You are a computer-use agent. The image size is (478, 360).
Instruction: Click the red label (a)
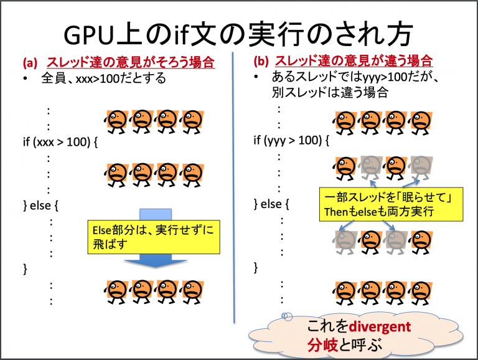30,63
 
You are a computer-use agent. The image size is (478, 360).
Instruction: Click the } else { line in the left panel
43,204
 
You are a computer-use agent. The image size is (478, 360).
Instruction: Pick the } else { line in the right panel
274,204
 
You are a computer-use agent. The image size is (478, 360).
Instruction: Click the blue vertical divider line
234,187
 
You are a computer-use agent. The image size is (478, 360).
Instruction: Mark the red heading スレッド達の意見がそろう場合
131,62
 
